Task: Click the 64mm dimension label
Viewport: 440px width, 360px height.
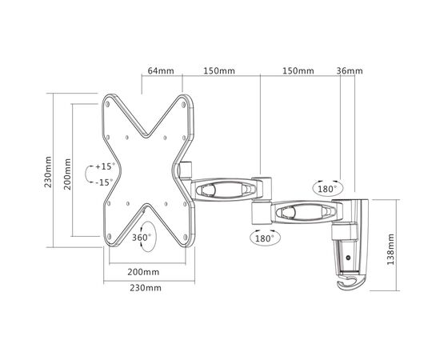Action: pos(161,71)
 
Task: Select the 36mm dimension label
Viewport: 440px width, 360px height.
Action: pos(350,71)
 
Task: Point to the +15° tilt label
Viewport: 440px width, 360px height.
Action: pos(105,167)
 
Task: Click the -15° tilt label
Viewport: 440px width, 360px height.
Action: pos(105,182)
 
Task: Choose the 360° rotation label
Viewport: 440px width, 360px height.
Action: pos(141,238)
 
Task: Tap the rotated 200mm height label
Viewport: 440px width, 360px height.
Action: pos(69,171)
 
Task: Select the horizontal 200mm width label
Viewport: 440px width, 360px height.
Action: pos(142,272)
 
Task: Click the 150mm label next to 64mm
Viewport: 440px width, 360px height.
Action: pos(219,71)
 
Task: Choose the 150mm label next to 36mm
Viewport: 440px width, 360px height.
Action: pos(298,71)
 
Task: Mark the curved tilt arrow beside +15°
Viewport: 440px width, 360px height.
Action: pos(88,174)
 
